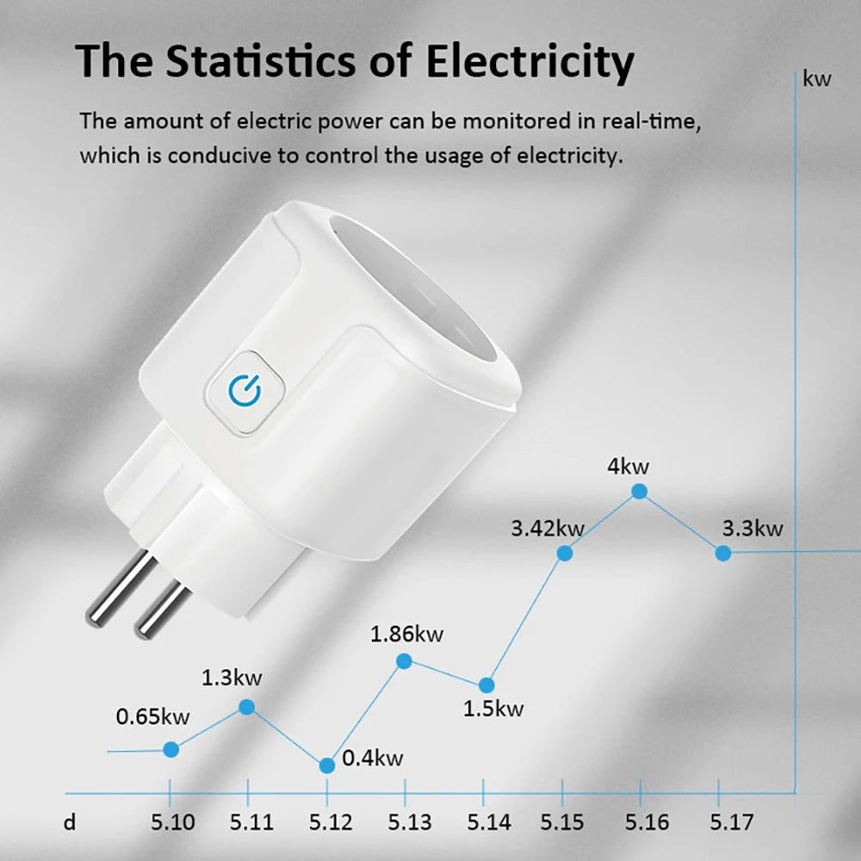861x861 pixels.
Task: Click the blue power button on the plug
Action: click(245, 391)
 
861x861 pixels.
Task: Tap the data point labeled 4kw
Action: click(639, 491)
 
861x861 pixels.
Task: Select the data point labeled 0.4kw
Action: click(327, 765)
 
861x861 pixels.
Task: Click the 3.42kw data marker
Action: click(565, 553)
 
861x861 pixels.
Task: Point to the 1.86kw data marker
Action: click(404, 660)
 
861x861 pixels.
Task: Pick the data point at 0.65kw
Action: click(170, 749)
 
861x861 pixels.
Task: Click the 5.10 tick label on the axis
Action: click(172, 822)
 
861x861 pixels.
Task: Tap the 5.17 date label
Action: click(731, 822)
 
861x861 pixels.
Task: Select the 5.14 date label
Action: click(487, 822)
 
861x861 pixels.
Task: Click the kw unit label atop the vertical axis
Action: click(817, 79)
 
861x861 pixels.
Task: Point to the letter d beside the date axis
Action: click(70, 822)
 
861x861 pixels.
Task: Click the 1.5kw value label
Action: click(492, 709)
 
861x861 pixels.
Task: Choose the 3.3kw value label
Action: click(752, 528)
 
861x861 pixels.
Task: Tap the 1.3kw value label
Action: click(232, 677)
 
